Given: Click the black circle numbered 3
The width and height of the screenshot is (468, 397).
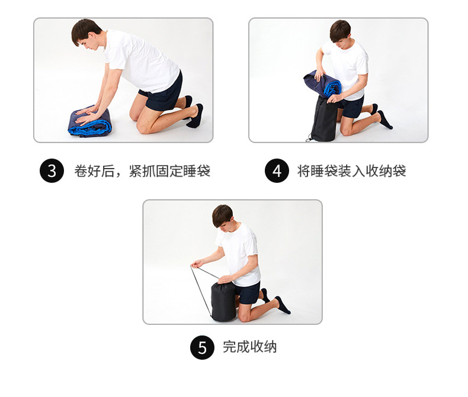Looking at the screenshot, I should coord(52,172).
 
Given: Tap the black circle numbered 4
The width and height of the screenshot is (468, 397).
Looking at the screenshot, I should coord(277,172).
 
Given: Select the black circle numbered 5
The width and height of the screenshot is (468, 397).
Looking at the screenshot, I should coord(202,347).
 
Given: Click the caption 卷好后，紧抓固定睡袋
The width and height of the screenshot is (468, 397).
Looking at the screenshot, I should coord(142,172).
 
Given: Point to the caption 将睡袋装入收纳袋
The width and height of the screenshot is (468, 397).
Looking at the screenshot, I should coord(351,172).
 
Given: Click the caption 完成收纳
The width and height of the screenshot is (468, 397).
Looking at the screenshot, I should coord(249,347).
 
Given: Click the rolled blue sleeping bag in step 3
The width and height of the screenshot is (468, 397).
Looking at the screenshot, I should coord(90,122).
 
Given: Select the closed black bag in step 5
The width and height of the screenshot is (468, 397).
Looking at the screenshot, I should coord(223,302).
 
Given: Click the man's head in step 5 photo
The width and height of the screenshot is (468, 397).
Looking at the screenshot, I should coord(222,216).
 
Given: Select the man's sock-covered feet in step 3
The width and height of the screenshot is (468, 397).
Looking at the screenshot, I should coord(194,114).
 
